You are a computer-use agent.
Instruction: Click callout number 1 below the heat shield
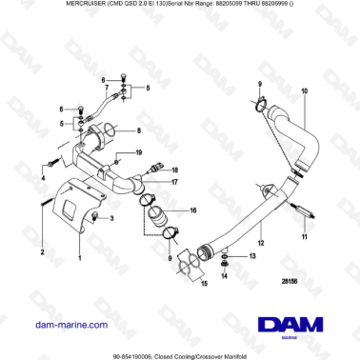coord(79,257)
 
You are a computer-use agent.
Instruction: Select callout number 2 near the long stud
coord(42,253)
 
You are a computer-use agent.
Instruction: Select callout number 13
coord(239,257)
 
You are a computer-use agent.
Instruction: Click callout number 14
coord(225,276)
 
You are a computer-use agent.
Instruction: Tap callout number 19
coord(139,152)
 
